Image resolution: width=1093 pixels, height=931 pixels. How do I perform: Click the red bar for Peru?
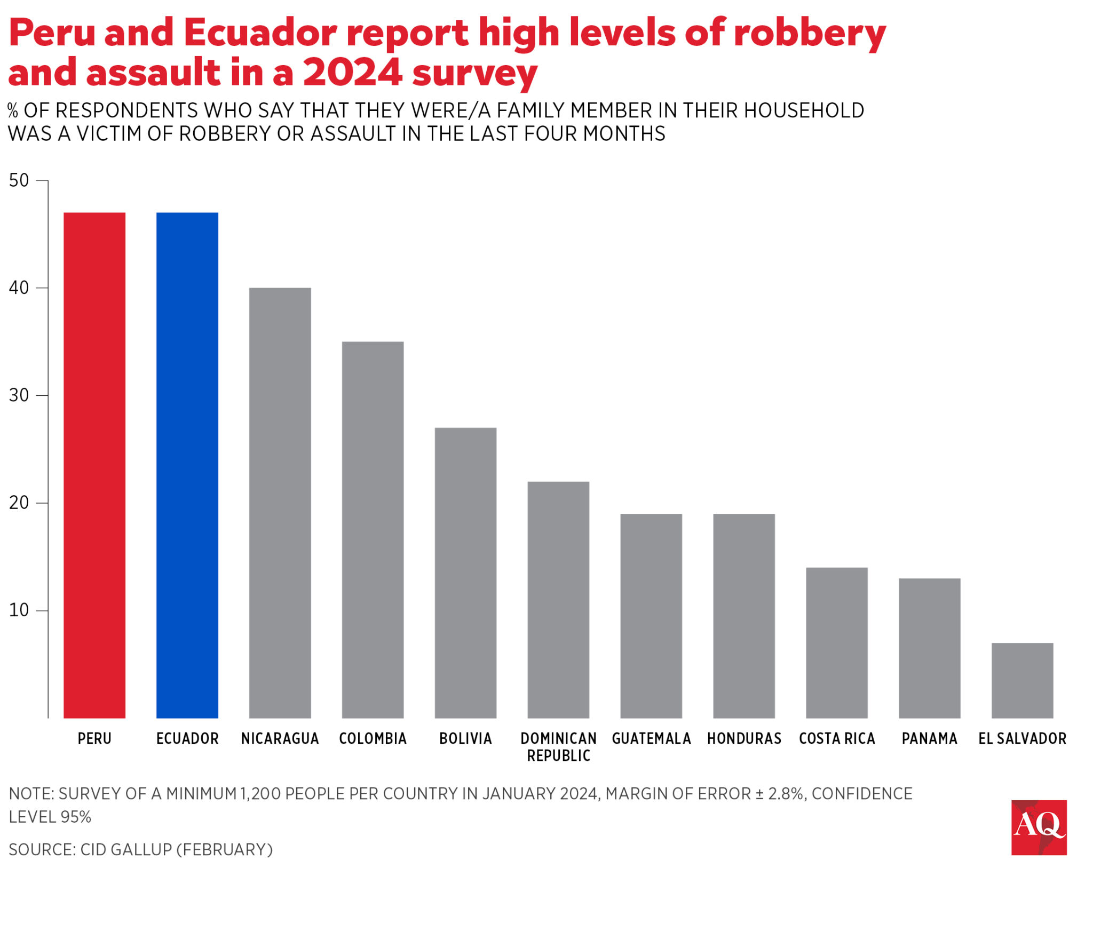94,465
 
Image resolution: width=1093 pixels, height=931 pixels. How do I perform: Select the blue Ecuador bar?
187,465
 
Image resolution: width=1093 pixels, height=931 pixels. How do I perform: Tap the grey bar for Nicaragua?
280,503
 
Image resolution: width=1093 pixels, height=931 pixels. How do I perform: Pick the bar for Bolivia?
465,572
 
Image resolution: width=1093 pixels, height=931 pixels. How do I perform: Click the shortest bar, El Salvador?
1022,680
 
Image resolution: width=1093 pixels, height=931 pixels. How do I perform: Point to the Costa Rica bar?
836,642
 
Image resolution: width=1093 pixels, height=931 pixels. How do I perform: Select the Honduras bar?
743,616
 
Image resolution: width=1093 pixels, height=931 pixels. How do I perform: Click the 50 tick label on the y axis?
19,180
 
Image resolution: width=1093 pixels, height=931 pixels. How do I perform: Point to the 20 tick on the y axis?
19,503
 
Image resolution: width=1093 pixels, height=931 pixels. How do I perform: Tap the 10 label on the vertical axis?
19,610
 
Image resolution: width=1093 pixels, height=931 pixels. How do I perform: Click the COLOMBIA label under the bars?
373,738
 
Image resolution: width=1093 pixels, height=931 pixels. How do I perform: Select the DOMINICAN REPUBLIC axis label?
558,746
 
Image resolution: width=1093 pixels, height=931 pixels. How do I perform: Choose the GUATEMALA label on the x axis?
651,738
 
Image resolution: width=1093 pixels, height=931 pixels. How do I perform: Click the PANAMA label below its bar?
929,738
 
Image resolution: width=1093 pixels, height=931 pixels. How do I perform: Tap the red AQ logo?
1039,827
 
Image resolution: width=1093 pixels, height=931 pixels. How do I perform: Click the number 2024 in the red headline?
352,73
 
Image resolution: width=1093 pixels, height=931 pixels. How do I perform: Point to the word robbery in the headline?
809,33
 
